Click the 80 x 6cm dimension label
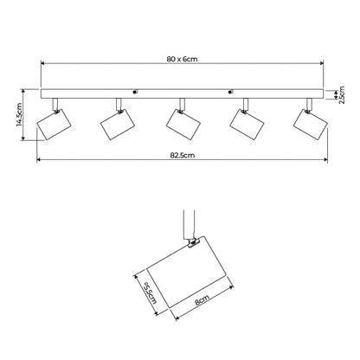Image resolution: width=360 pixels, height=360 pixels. click(182, 59)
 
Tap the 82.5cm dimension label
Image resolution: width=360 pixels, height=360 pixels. click(183, 155)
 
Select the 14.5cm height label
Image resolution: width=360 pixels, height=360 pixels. click(19, 114)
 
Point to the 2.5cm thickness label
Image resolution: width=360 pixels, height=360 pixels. click(342, 95)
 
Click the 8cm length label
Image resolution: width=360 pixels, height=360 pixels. click(202, 300)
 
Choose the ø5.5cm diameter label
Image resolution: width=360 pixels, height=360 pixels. click(150, 292)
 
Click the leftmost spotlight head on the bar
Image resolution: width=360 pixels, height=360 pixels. click(54, 125)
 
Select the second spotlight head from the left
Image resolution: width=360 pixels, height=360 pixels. click(118, 125)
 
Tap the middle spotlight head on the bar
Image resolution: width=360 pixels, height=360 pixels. click(183, 125)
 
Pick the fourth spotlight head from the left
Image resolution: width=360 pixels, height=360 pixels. click(247, 125)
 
